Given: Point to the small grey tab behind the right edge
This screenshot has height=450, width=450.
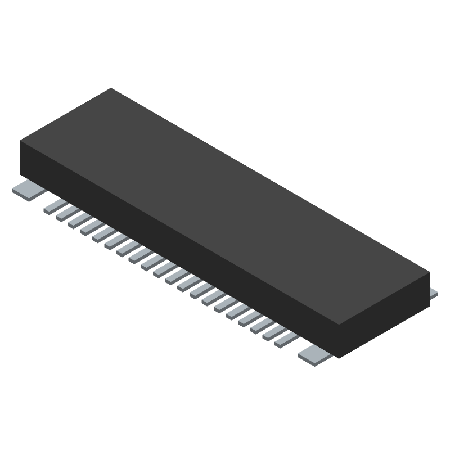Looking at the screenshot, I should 433,293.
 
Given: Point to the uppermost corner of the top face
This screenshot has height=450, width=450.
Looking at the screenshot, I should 111,88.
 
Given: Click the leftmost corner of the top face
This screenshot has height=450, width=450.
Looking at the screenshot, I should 20,141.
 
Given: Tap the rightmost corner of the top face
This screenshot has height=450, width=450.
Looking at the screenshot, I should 430,273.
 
